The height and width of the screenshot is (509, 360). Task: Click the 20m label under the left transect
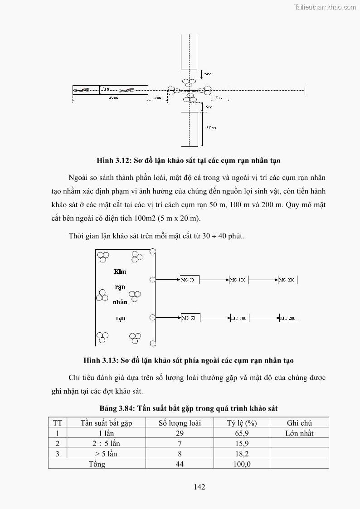113,97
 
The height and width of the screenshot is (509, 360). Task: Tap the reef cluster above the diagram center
189,82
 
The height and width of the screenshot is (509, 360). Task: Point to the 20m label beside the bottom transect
211,128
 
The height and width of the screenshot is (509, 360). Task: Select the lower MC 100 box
239,319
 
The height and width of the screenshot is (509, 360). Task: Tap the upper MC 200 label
287,280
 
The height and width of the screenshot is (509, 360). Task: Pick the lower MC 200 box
288,319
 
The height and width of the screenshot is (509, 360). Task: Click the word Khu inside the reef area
120,272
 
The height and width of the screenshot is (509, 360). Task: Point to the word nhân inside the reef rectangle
120,302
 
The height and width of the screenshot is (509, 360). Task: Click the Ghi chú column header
299,423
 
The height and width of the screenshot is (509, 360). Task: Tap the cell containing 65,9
242,433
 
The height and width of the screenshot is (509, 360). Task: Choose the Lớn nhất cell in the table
299,433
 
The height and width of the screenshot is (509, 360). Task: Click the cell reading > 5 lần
106,454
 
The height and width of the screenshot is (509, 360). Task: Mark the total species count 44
180,464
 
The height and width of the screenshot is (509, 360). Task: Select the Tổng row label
97,464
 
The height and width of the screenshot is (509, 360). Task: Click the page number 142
199,487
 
